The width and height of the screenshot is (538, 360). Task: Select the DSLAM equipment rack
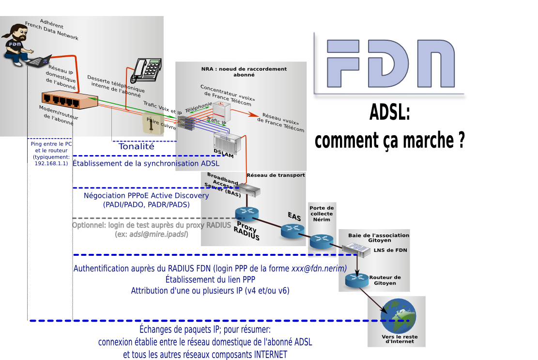point(228,143)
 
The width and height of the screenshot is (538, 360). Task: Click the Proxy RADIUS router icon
point(247,215)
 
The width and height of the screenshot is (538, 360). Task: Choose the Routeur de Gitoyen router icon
point(357,280)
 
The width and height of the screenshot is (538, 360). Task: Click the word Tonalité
point(136,146)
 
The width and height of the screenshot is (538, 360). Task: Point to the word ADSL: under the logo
point(390,112)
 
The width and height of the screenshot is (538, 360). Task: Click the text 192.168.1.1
point(51,163)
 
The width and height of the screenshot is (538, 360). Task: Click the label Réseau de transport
point(276,175)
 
